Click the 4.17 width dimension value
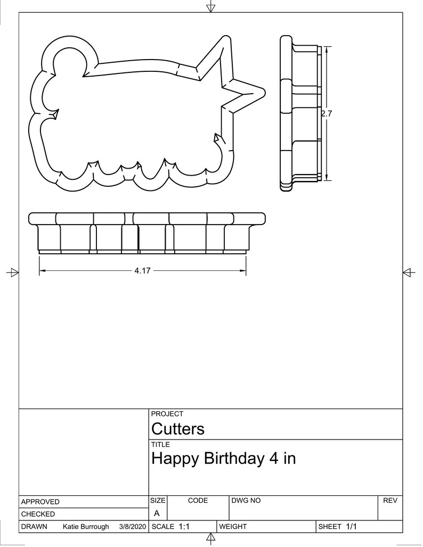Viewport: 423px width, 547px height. point(142,271)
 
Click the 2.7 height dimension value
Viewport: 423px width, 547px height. point(327,113)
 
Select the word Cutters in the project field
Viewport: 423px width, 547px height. point(178,429)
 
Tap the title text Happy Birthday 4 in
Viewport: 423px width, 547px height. point(223,459)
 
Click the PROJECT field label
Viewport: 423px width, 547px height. point(167,414)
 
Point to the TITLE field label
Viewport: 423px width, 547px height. point(161,445)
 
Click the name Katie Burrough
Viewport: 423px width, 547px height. point(86,527)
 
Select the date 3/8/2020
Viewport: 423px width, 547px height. point(132,527)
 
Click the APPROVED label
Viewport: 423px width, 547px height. point(40,502)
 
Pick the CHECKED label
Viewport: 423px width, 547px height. point(38,514)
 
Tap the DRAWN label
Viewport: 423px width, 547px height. point(34,527)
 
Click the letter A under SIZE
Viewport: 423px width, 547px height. point(157,513)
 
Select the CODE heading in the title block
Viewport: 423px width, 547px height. point(198,501)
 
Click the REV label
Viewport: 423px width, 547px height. point(389,501)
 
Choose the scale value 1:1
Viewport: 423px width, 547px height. point(184,527)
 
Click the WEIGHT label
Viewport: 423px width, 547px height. point(233,527)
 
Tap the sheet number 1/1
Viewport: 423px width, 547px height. point(351,527)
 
